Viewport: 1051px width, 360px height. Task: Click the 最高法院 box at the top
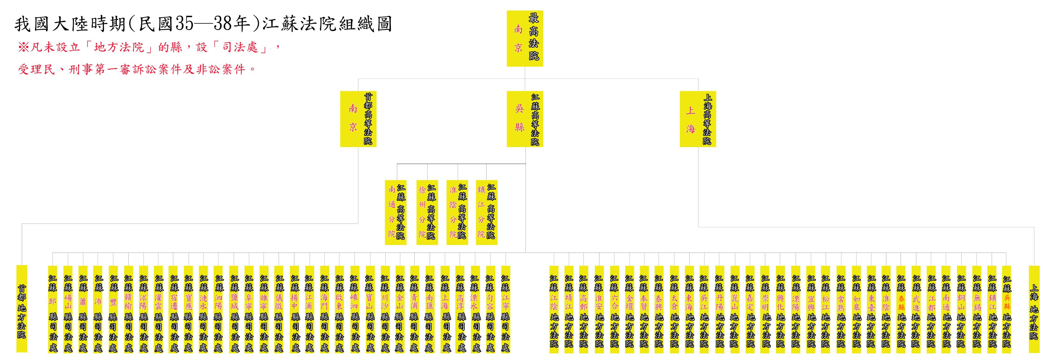point(525,38)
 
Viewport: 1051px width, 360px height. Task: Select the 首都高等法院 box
point(358,119)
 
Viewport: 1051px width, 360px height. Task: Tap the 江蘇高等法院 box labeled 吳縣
point(525,119)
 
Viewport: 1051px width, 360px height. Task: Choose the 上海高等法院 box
point(698,119)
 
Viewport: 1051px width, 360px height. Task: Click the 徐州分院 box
point(427,212)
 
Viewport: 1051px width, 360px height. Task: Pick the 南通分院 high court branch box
point(396,212)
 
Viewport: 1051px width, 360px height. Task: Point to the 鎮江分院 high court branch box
point(486,212)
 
